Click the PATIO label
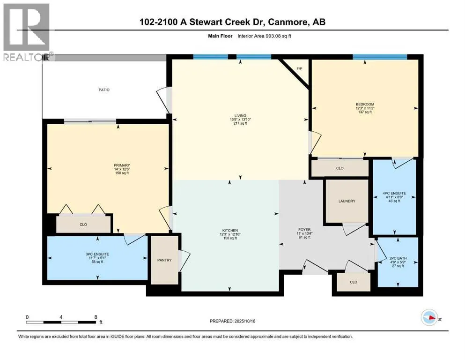[x=104, y=90]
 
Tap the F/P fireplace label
[x=300, y=69]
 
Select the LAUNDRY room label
[x=347, y=201]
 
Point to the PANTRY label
[x=164, y=260]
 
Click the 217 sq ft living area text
[x=240, y=123]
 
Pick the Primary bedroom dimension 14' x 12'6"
[x=122, y=169]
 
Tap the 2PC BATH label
[x=398, y=258]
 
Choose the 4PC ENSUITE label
[x=394, y=193]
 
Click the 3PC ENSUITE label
[x=97, y=255]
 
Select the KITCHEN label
[x=230, y=231]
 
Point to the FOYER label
[x=304, y=230]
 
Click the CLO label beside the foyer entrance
[x=354, y=282]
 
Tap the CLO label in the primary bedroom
[x=83, y=225]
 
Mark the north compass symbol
[x=429, y=317]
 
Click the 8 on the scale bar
[x=96, y=317]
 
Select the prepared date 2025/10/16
[x=244, y=321]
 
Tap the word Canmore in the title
[x=288, y=22]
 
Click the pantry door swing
[x=184, y=261]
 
